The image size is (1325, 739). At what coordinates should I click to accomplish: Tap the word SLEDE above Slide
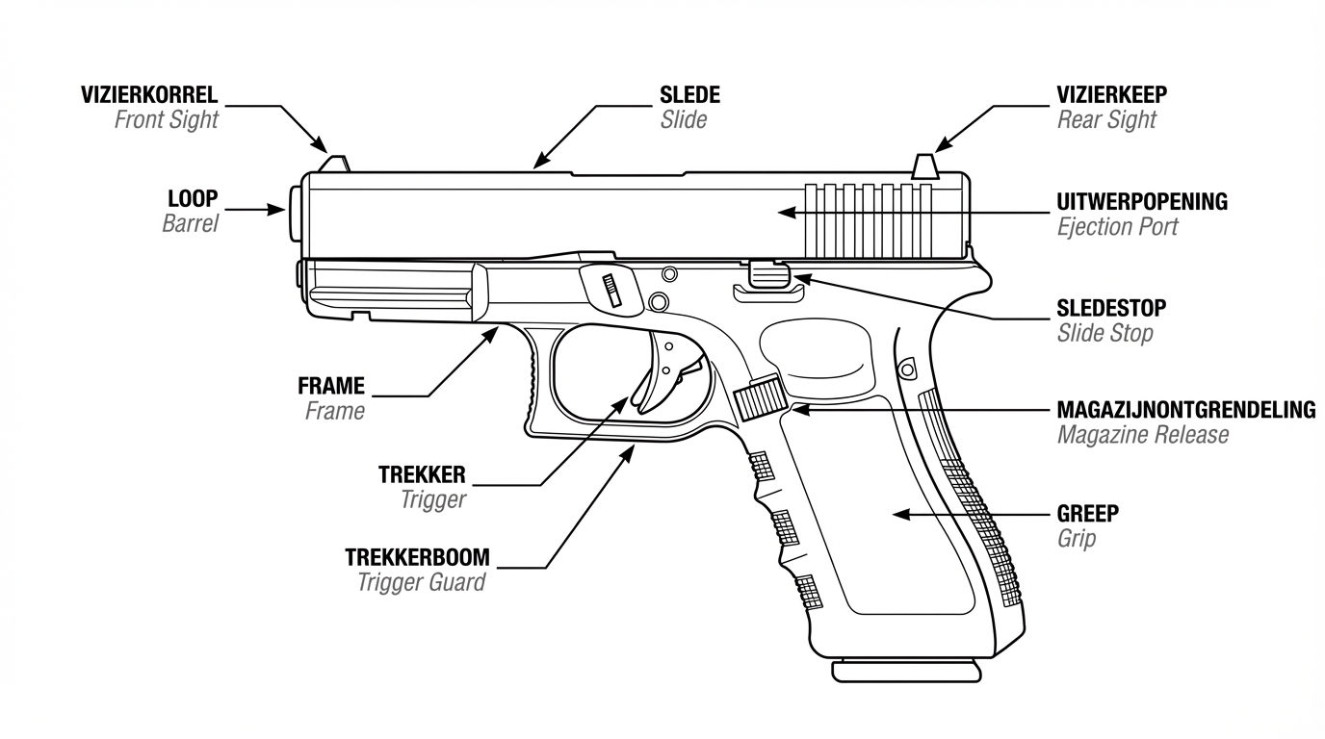point(689,94)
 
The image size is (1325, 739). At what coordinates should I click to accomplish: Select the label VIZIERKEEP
point(1112,94)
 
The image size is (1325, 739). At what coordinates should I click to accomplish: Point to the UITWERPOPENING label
point(1142,202)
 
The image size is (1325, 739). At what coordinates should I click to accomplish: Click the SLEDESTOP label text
point(1111,308)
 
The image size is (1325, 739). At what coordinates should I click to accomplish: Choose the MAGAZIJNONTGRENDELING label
point(1186,410)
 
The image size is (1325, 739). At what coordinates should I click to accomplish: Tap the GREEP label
point(1088,514)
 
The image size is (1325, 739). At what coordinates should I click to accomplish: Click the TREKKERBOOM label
point(417,557)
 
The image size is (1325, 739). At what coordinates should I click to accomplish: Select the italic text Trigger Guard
point(421,582)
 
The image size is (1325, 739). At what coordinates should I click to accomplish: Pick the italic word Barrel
point(190,223)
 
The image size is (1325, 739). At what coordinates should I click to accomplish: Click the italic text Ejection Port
point(1117,227)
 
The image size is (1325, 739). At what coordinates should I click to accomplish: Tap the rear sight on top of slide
point(925,166)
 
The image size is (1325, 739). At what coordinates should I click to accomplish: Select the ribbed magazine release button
point(758,397)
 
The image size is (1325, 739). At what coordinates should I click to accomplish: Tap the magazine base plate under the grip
point(906,670)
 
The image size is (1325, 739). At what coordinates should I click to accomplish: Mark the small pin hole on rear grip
point(906,368)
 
